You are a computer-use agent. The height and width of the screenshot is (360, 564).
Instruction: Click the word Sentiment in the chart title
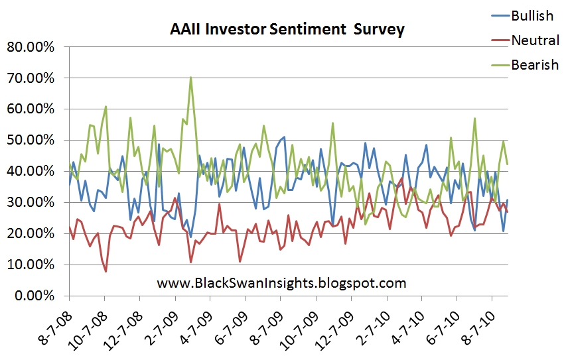pyautogui.click(x=307, y=29)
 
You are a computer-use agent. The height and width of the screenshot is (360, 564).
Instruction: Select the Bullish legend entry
pyautogui.click(x=522, y=16)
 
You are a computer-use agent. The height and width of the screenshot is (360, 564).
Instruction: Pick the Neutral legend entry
pyautogui.click(x=525, y=40)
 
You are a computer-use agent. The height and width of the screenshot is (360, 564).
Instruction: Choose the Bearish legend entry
pyautogui.click(x=525, y=65)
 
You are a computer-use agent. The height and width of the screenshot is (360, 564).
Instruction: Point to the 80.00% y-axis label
pyautogui.click(x=31, y=46)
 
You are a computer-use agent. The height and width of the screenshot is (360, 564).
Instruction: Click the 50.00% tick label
pyautogui.click(x=31, y=140)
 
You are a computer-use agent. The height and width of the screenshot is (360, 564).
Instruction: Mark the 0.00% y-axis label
pyautogui.click(x=35, y=296)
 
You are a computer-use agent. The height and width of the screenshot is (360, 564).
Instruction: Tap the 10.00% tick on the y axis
pyautogui.click(x=31, y=265)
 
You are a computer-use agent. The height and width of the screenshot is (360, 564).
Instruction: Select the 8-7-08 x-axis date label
pyautogui.click(x=55, y=328)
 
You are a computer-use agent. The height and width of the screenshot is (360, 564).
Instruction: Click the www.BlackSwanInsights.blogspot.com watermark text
pyautogui.click(x=281, y=283)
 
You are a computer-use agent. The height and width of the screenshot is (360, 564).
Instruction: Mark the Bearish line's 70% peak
pyautogui.click(x=190, y=77)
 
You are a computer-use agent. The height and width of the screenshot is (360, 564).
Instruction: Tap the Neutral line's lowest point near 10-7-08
pyautogui.click(x=106, y=271)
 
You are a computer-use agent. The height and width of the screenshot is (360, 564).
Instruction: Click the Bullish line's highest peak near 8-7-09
pyautogui.click(x=284, y=137)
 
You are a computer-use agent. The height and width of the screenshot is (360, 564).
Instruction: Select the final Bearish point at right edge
pyautogui.click(x=507, y=164)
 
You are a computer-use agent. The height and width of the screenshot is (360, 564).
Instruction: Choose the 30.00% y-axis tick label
pyautogui.click(x=31, y=202)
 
